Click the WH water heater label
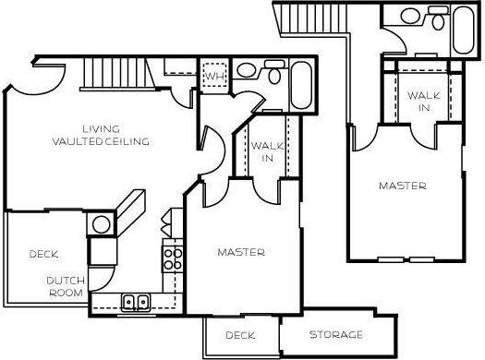click(x=213, y=75)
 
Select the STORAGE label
click(x=335, y=334)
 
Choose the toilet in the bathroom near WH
click(x=273, y=76)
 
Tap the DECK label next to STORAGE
click(x=240, y=335)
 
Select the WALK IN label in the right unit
click(x=423, y=102)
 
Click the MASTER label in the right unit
click(x=403, y=186)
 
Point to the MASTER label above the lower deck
click(x=241, y=252)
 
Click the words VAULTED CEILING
click(x=102, y=141)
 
